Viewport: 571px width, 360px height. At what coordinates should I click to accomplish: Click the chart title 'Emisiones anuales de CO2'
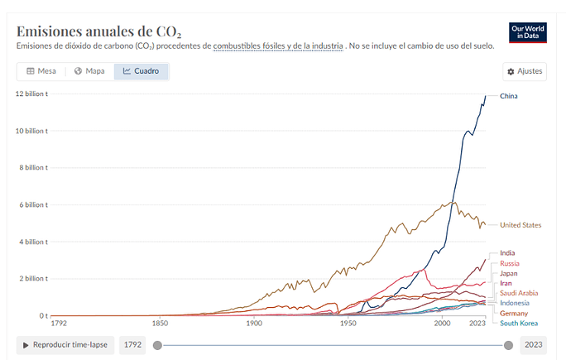[x=98, y=31]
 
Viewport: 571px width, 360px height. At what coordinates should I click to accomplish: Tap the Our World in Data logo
[x=526, y=31]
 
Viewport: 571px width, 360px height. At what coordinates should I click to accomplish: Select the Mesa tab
[x=41, y=71]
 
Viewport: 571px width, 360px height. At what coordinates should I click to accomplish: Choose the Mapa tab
[x=89, y=71]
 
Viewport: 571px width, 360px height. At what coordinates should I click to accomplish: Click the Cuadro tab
[x=141, y=71]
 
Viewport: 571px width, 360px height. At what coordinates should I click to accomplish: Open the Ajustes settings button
[x=525, y=72]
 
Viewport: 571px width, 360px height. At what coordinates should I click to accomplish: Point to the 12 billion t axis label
[x=31, y=94]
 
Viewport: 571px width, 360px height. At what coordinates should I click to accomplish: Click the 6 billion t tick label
[x=34, y=204]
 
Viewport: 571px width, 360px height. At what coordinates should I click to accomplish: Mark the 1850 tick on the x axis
[x=160, y=323]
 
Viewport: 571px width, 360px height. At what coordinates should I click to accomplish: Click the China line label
[x=510, y=97]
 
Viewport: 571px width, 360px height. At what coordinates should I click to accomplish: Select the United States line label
[x=521, y=225]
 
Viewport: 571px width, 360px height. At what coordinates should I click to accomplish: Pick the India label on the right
[x=509, y=253]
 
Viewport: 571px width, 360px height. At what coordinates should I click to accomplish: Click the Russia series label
[x=510, y=263]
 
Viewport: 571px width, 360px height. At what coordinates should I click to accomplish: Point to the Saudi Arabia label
[x=519, y=293]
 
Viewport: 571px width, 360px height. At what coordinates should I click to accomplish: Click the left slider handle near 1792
[x=157, y=345]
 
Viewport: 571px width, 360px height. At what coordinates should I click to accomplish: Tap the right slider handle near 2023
[x=509, y=345]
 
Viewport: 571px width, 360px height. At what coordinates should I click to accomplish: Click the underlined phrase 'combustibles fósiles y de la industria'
[x=277, y=46]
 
